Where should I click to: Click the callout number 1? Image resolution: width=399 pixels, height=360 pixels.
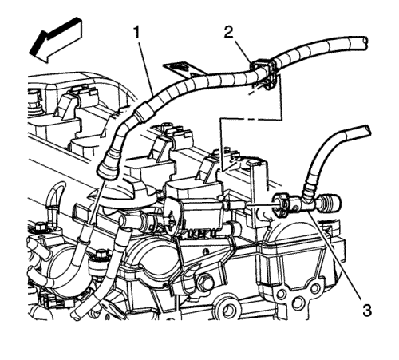136,33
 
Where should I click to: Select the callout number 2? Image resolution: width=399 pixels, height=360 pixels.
228,33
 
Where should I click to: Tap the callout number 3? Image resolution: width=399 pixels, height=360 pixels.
367,311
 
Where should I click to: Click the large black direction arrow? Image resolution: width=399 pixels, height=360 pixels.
57,40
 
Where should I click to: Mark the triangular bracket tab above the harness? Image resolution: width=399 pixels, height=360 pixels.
184,69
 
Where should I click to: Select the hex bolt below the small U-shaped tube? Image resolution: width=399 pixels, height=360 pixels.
40,227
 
